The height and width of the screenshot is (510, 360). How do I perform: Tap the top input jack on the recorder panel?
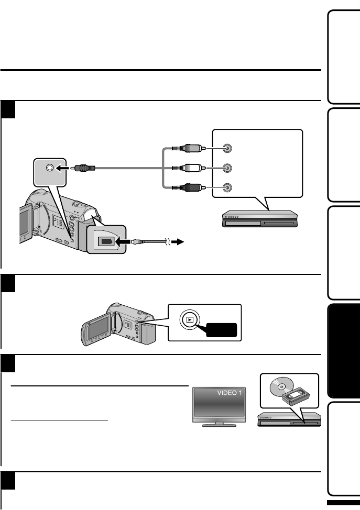[226, 148]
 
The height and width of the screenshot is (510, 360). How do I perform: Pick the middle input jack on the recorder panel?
[226, 168]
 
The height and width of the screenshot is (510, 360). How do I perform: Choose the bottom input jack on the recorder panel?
[226, 187]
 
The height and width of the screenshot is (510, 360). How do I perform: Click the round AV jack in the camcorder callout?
[50, 168]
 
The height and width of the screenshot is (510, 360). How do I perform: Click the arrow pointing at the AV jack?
[64, 168]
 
